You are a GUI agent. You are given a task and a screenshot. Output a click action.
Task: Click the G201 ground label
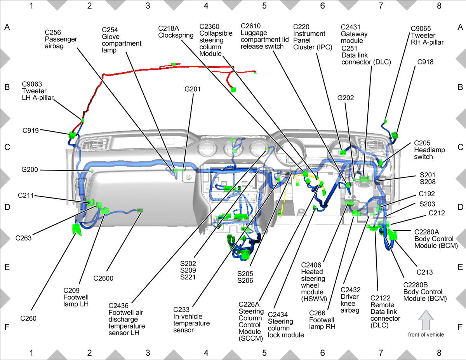(193, 89)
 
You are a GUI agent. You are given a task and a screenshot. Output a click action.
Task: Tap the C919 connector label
(31, 130)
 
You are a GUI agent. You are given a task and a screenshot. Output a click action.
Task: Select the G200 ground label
(30, 170)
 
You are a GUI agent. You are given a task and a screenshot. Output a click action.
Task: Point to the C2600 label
(103, 278)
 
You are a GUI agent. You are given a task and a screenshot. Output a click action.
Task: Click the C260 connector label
(28, 318)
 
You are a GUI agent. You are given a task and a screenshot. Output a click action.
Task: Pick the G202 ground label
(346, 98)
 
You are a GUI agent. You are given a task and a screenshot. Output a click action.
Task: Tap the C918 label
(425, 62)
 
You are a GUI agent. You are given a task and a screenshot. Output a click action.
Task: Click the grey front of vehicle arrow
(426, 320)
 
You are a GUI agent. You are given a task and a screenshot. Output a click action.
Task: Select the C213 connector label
(424, 272)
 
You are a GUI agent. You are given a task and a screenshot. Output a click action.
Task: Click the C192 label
(427, 194)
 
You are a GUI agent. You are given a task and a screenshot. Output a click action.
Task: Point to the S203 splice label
(427, 204)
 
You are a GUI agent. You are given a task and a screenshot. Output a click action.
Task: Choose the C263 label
(23, 238)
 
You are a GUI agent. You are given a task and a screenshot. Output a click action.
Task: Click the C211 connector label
(26, 195)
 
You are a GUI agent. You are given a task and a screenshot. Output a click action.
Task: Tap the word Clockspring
(176, 35)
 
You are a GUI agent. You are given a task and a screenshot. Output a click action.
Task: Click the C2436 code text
(118, 306)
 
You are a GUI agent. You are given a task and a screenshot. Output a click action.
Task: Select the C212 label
(436, 213)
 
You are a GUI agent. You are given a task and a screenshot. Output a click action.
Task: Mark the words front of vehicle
(426, 335)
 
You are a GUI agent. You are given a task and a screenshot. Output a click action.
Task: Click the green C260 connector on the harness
(77, 230)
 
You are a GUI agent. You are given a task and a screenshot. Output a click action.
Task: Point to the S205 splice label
(245, 273)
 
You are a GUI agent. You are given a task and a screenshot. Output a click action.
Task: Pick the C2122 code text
(381, 298)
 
